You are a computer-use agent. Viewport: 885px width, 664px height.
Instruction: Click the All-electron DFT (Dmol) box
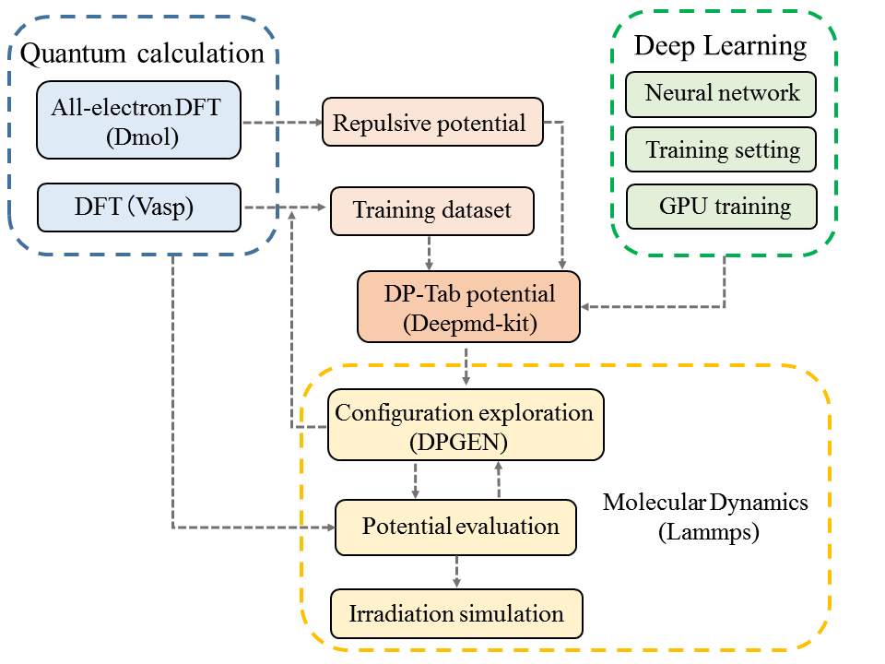(139, 120)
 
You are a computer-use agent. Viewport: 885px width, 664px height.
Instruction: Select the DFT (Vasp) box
(139, 207)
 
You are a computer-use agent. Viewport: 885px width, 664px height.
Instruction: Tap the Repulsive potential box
(433, 122)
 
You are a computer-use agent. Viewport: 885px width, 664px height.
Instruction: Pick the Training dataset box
(432, 210)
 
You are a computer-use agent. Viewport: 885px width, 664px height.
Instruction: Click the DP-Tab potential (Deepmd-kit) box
(469, 307)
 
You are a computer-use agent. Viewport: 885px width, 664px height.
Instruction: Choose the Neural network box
(721, 94)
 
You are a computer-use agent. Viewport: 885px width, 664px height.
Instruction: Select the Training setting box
(721, 149)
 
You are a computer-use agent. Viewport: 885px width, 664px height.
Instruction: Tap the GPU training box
(722, 207)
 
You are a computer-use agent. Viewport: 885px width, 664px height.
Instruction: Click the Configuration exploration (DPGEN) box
(466, 424)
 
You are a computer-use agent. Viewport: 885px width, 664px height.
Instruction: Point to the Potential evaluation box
(456, 528)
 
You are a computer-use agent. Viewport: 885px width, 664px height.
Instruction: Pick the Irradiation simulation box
(456, 614)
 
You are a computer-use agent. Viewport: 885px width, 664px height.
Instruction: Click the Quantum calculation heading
(142, 54)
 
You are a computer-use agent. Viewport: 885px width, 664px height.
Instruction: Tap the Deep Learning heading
(720, 46)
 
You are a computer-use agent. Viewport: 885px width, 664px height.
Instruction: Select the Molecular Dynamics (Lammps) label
(705, 516)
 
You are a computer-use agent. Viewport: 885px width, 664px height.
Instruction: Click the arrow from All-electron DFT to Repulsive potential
(282, 122)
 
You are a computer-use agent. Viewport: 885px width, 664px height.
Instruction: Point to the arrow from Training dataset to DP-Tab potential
(429, 253)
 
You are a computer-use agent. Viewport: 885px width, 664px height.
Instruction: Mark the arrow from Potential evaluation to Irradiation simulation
(456, 572)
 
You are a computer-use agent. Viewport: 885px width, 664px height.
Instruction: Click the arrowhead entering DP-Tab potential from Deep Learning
(585, 306)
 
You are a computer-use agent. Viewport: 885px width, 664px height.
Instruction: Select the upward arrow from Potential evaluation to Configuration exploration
(499, 480)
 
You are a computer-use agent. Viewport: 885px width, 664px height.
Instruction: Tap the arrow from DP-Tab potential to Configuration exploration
(466, 366)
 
